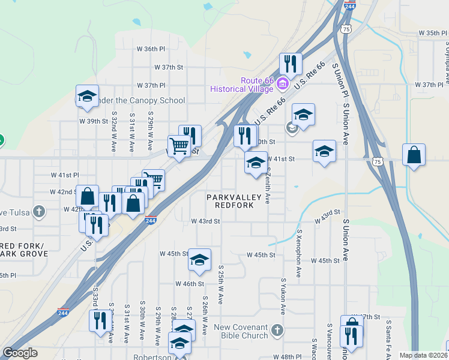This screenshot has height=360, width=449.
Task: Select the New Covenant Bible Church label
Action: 241,331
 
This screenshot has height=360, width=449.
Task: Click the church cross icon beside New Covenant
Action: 277,330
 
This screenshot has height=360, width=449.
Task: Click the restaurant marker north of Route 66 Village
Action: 291,64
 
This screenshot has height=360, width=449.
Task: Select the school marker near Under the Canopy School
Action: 87,97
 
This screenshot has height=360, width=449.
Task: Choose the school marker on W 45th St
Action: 199,260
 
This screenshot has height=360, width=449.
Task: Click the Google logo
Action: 20,353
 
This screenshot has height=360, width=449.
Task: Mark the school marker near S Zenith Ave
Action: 256,163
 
